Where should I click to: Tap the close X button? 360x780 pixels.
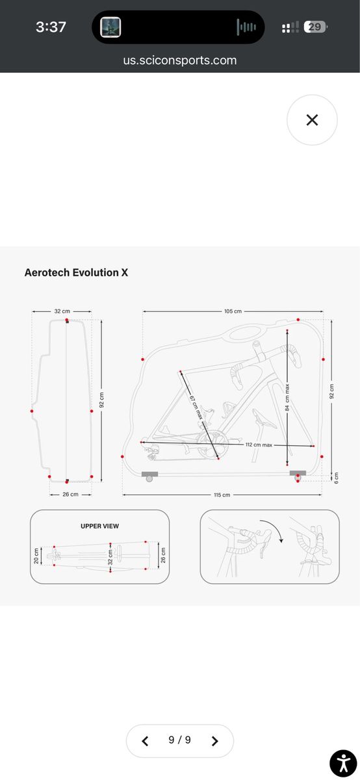pos(312,120)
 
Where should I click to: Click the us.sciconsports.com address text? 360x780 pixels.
pos(179,60)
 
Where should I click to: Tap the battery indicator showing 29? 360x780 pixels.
pos(315,27)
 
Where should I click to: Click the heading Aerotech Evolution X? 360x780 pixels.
pos(76,272)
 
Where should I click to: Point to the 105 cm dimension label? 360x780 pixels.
pos(233,311)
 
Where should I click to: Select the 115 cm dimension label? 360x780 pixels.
pos(222,495)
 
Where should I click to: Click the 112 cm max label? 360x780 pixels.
pos(259,445)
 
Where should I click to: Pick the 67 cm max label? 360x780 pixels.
pos(196,408)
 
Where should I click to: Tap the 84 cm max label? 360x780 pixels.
pos(287,397)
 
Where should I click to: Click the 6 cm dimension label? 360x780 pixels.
pos(336,478)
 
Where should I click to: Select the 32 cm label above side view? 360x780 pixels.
pos(62,311)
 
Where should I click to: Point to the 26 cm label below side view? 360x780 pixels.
pos(70,494)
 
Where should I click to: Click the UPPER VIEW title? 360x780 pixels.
pos(100,526)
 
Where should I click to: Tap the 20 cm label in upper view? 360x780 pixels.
pos(36,556)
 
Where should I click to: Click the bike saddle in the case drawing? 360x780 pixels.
pos(264,418)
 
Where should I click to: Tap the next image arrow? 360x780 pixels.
pos(215,741)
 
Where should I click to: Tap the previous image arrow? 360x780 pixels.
pos(145,741)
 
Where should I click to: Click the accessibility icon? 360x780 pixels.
pos(343,764)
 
